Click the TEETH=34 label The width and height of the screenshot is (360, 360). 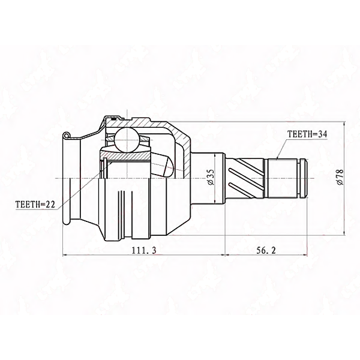click(x=307, y=134)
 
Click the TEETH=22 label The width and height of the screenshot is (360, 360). click(x=35, y=204)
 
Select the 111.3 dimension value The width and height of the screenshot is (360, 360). click(x=144, y=250)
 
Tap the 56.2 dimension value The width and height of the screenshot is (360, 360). click(x=266, y=250)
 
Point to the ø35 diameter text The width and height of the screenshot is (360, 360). click(x=211, y=177)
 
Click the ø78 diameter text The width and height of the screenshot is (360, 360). click(x=340, y=177)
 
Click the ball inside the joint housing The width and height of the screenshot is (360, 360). click(x=127, y=140)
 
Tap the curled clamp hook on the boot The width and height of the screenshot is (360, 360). click(x=67, y=136)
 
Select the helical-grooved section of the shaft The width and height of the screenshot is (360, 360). click(x=245, y=178)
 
